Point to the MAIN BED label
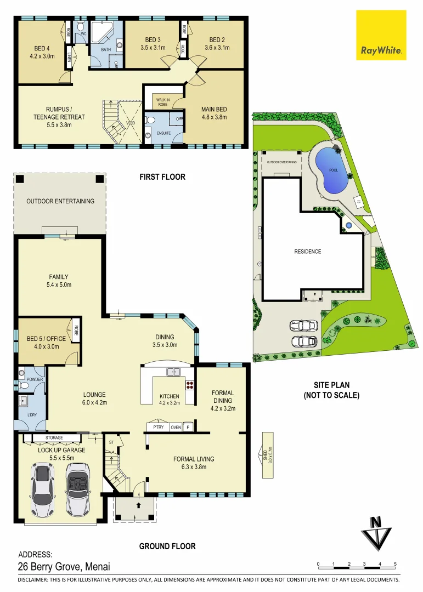pos(214,109)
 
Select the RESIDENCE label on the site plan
pos(307,252)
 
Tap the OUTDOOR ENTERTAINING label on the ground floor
pos(60,201)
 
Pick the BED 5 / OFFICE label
pos(46,338)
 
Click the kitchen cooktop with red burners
pos(190,385)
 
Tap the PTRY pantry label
pos(159,427)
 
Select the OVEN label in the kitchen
pos(176,427)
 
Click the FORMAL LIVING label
pos(194,459)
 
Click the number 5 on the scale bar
pos(395,564)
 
